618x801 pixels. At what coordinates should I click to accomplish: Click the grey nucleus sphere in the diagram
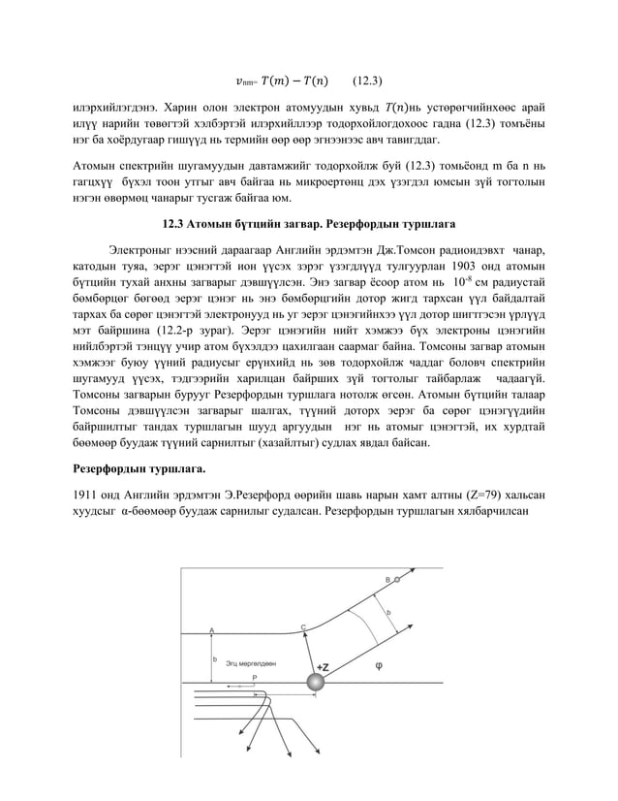(x=316, y=684)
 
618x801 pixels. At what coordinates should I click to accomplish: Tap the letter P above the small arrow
(x=254, y=677)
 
